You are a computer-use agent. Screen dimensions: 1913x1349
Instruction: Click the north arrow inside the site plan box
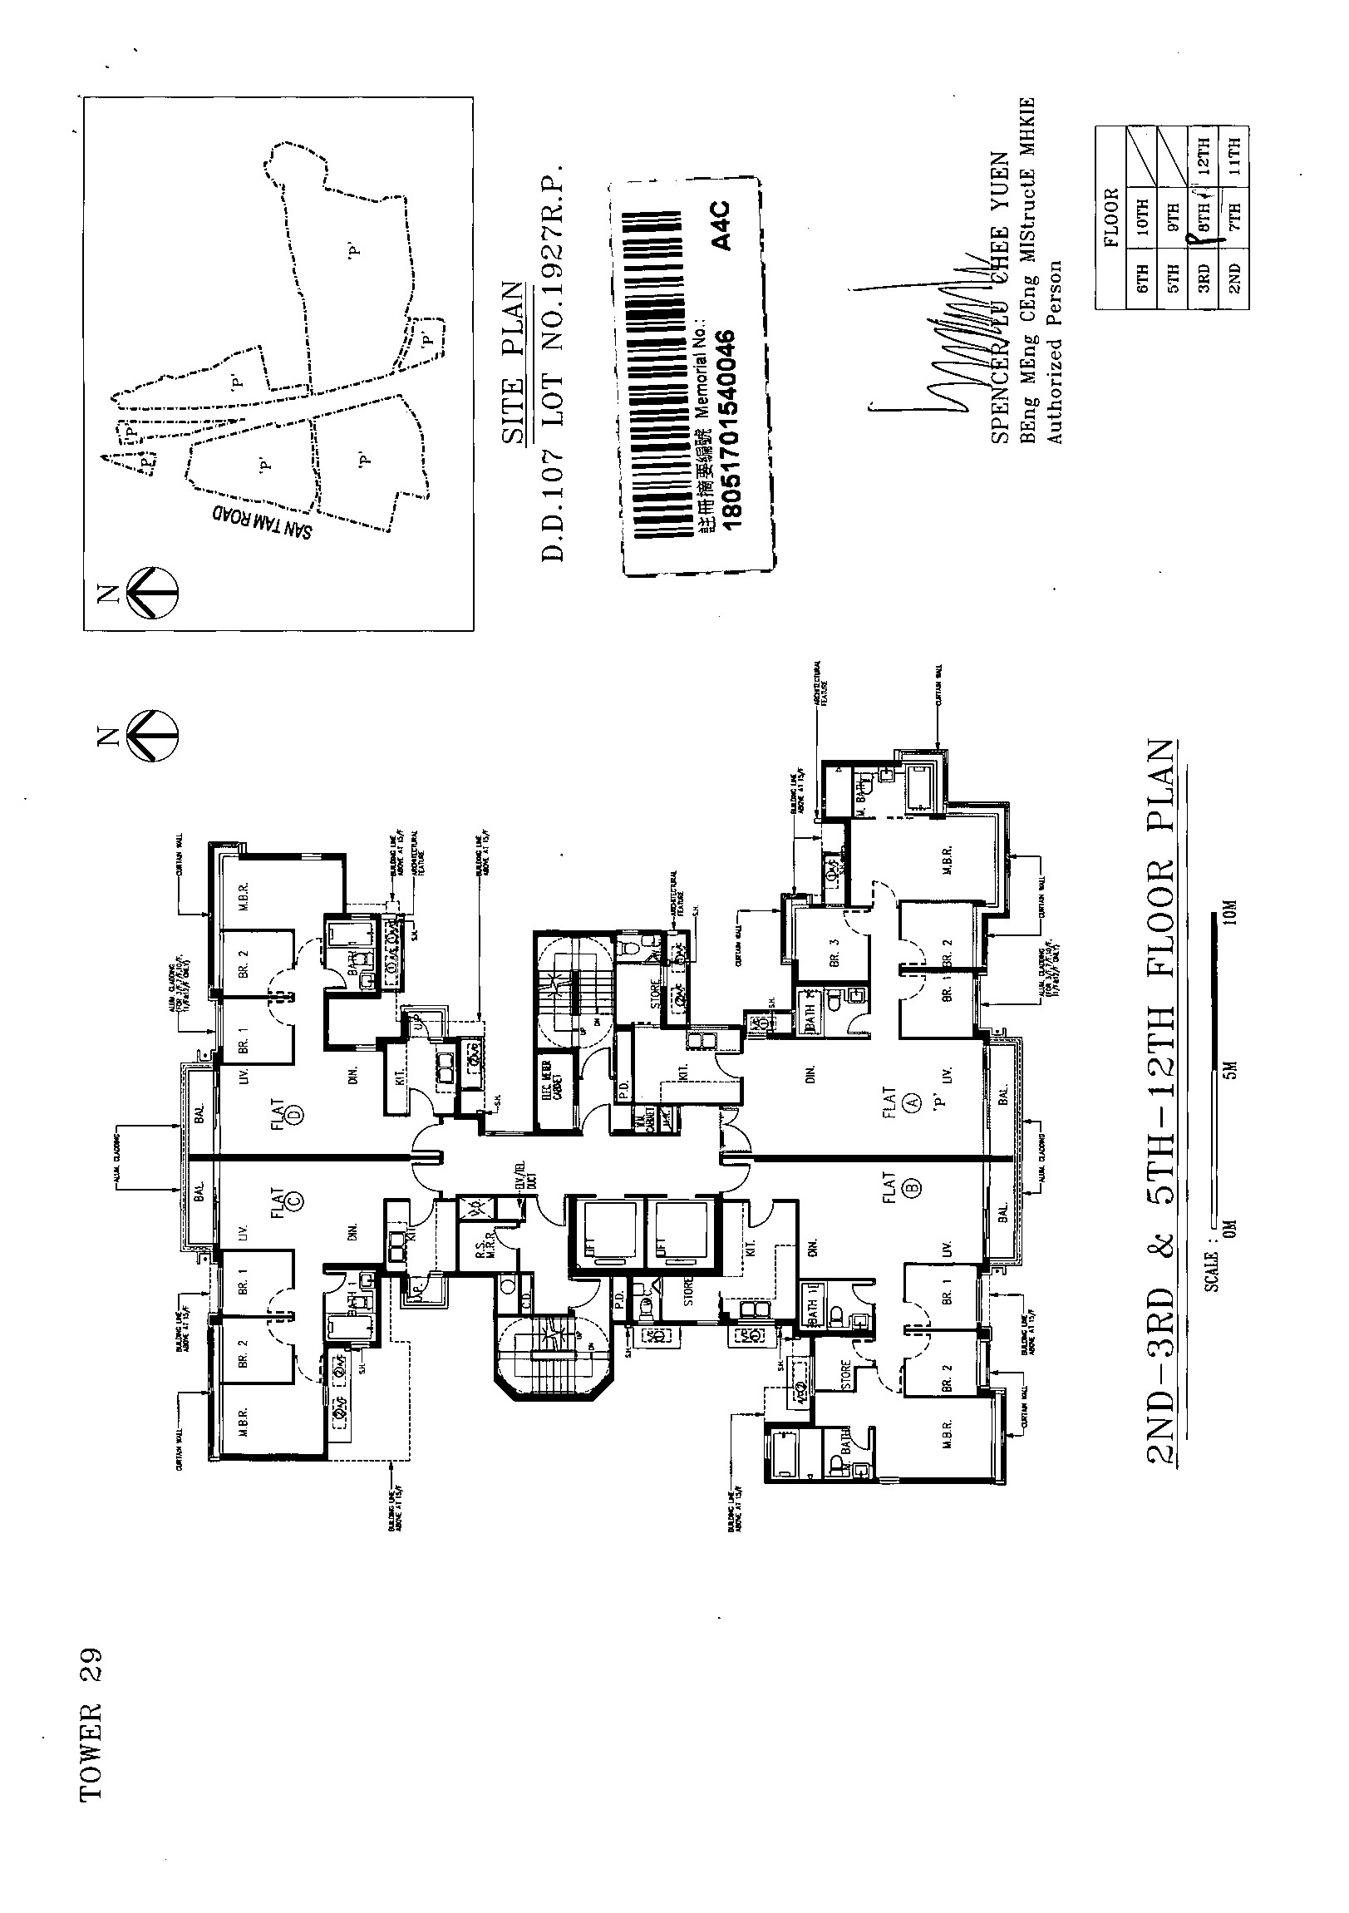click(x=152, y=593)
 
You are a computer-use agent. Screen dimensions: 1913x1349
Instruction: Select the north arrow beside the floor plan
click(x=152, y=736)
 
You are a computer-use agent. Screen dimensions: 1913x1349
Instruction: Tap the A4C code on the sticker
click(x=721, y=224)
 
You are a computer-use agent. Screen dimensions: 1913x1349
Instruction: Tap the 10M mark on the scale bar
click(x=1231, y=913)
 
